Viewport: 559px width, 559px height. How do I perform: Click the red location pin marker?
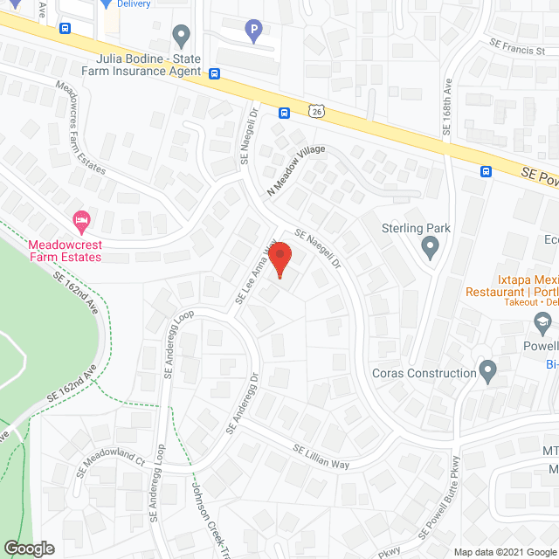279,260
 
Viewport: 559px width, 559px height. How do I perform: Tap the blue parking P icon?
254,32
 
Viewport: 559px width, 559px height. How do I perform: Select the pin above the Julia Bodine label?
182,36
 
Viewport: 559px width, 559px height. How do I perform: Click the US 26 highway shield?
316,110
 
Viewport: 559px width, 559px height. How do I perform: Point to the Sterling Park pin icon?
429,248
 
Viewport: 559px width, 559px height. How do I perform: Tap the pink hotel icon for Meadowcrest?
80,219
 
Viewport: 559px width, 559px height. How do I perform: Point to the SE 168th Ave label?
446,106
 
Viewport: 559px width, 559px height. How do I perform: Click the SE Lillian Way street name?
321,458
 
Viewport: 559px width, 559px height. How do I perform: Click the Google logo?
29,548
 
